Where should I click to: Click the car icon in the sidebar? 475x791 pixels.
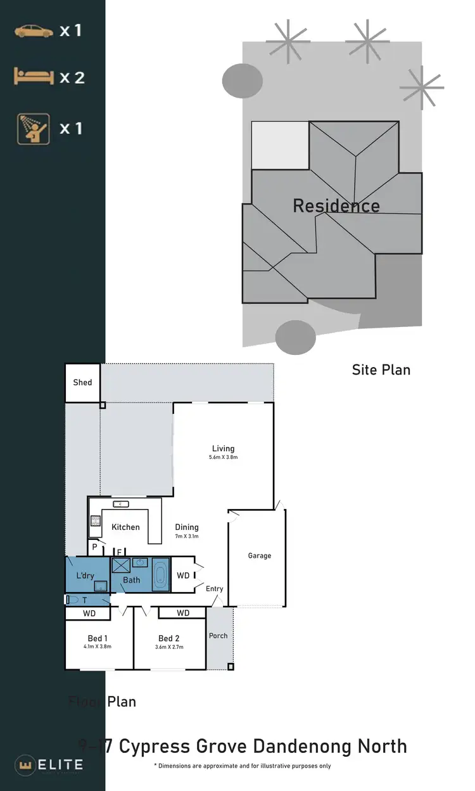tap(34, 30)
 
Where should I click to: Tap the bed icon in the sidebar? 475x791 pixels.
tap(32, 77)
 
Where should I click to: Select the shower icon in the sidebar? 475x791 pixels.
tap(32, 128)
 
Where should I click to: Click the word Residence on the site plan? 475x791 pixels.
tap(336, 206)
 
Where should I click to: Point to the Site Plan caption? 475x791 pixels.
tap(381, 370)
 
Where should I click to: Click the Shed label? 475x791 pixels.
tap(82, 382)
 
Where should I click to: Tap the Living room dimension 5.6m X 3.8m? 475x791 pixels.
tap(223, 457)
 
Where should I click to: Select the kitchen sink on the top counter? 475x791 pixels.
tap(121, 504)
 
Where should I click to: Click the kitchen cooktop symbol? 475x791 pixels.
tap(95, 520)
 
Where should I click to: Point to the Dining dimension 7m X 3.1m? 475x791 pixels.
tap(187, 536)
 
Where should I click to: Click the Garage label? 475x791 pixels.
tap(259, 556)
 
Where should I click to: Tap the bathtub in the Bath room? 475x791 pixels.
tap(161, 576)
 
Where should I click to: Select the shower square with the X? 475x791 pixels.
tap(121, 565)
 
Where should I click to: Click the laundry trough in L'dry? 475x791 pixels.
tap(100, 586)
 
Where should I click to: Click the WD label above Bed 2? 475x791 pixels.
tap(182, 613)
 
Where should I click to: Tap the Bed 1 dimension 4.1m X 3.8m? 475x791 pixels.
tap(98, 647)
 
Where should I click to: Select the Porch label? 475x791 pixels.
tap(218, 636)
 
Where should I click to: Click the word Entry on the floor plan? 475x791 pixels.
tap(215, 589)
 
